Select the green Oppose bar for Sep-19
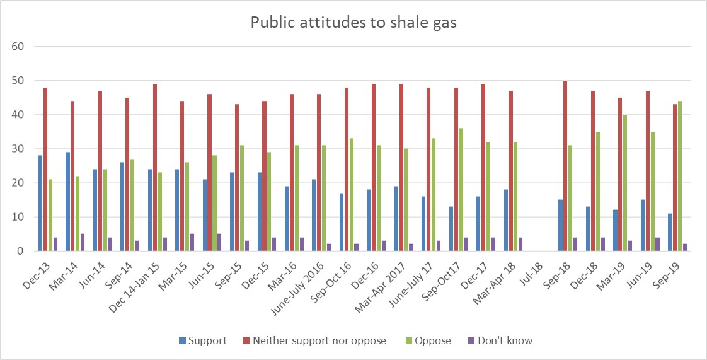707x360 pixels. point(662,176)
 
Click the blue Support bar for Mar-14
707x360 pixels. point(67,201)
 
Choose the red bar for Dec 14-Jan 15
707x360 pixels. point(155,167)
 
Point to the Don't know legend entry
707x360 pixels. point(502,340)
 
